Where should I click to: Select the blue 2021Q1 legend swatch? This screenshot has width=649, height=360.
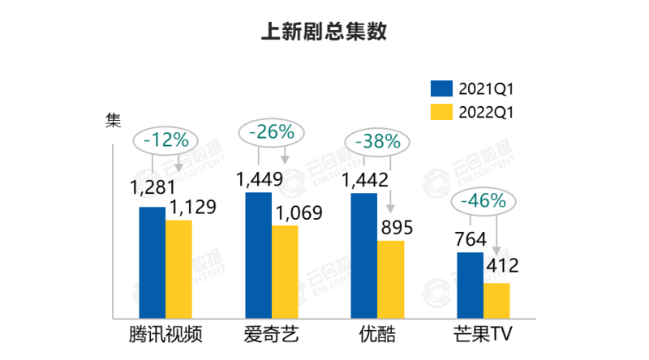441,88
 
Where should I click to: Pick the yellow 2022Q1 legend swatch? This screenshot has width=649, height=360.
441,112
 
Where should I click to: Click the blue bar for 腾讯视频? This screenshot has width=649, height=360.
152,263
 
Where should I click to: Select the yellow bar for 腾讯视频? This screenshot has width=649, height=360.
178,269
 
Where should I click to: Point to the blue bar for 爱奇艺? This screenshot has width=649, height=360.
258,255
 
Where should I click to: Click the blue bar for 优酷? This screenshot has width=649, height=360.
364,255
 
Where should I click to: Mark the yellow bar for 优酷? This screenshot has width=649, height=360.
390,280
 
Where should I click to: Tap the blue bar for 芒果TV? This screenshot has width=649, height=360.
470,285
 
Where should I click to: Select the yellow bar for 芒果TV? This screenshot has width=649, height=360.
496,301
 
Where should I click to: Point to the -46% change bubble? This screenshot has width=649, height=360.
483,200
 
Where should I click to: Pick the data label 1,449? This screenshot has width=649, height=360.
260,178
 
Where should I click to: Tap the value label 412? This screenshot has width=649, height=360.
501,264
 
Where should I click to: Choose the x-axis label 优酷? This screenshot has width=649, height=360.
377,336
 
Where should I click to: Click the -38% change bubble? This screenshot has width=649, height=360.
378,140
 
